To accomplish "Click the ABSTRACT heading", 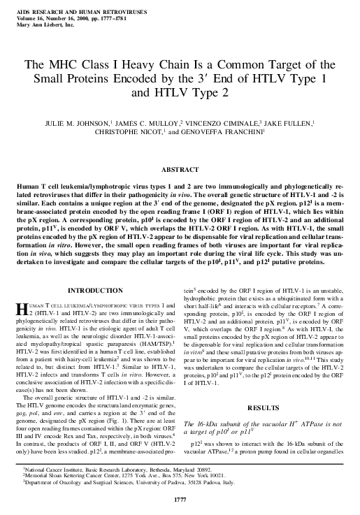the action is click(180, 170).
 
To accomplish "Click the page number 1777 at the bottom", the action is click(180, 498).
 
